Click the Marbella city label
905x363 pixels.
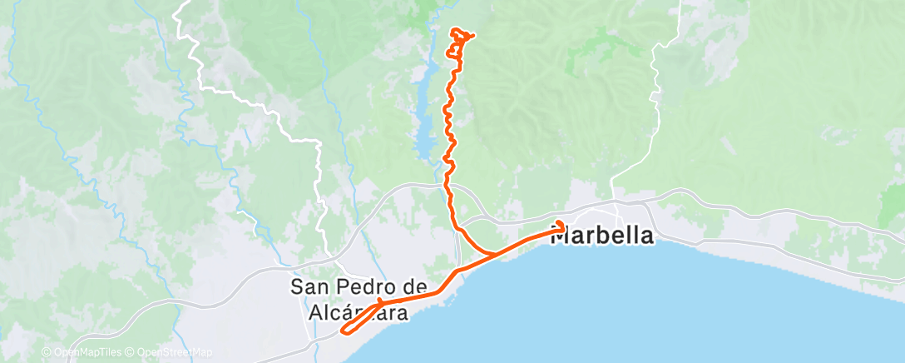[x=603, y=236]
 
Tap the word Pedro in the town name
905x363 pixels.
[x=360, y=287]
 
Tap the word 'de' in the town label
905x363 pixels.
[x=403, y=287]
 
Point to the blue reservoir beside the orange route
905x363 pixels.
[x=424, y=117]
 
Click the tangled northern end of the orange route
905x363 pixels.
[x=460, y=42]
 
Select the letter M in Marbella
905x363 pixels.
[x=562, y=236]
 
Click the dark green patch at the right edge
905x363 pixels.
[x=892, y=208]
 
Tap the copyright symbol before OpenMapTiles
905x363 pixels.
[x=47, y=353]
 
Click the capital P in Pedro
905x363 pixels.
[x=338, y=287]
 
